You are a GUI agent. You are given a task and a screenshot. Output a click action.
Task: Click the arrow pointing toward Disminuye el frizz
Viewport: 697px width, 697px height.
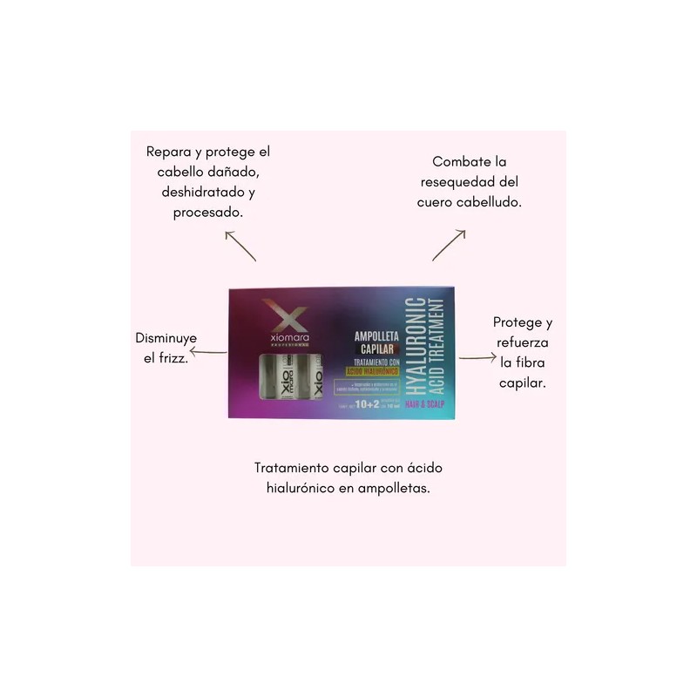click(x=208, y=353)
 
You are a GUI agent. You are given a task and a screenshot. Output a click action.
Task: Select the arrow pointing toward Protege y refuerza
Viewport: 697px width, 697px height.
click(x=476, y=358)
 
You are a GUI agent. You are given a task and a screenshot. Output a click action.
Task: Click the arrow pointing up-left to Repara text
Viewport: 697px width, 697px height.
click(x=240, y=246)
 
